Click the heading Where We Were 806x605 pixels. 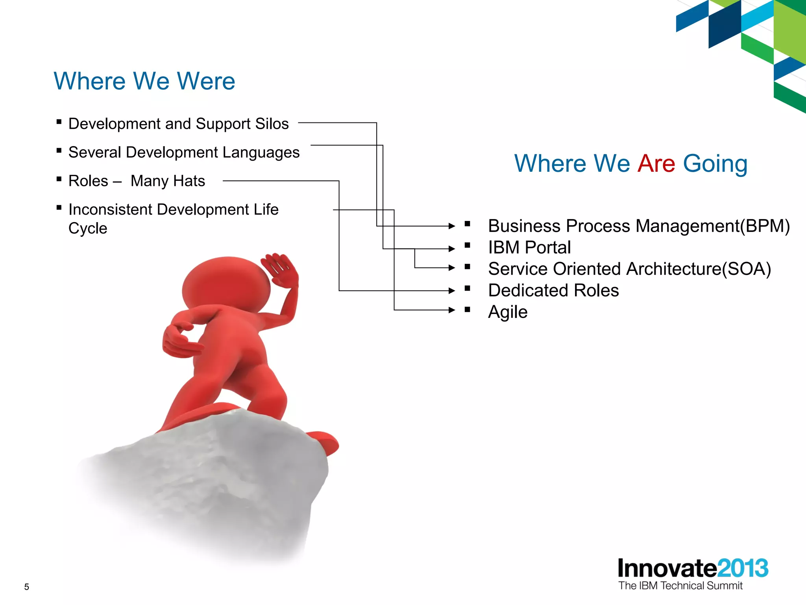point(144,81)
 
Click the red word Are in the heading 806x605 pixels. point(656,163)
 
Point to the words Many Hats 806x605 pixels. point(168,181)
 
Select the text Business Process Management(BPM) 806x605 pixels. point(639,226)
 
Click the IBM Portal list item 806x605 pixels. point(529,248)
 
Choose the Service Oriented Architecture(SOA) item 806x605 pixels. point(629,269)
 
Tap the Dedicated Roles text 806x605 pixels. point(553,291)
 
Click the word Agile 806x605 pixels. point(508,312)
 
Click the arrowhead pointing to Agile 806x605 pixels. point(452,310)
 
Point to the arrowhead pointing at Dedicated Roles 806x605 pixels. point(452,291)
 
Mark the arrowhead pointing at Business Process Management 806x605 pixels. point(452,226)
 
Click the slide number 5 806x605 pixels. point(27,587)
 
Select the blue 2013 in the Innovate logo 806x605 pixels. point(743,568)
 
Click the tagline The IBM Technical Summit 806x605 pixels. point(680,586)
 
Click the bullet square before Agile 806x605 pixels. point(468,310)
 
